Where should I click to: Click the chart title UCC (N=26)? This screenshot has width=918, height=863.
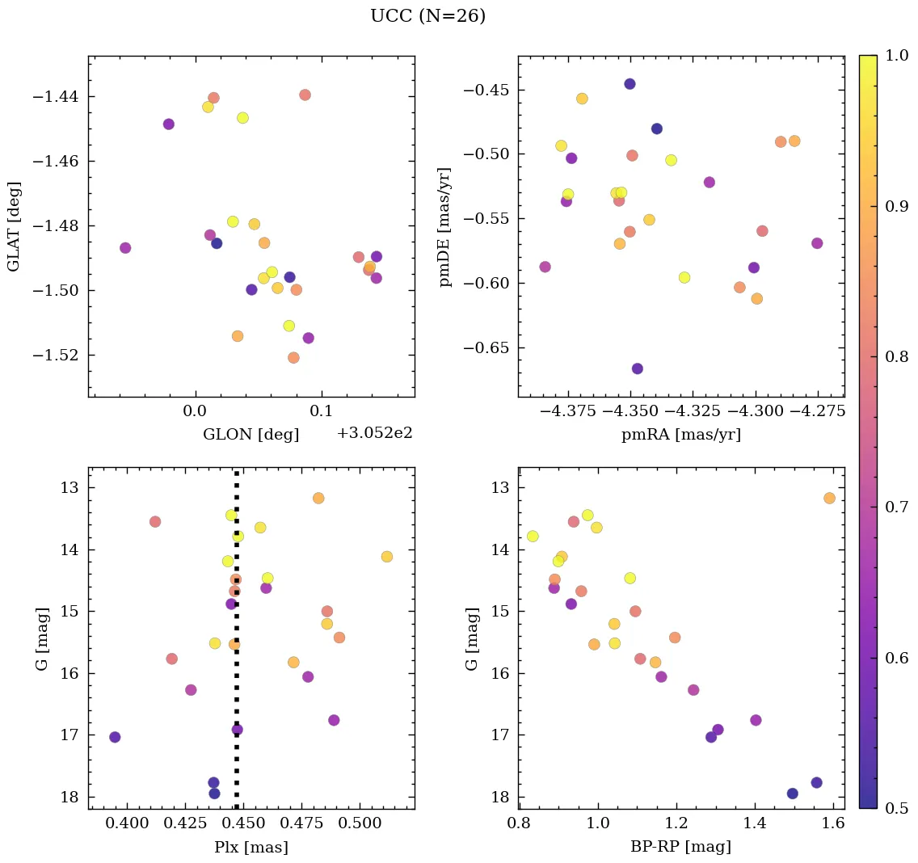pyautogui.click(x=427, y=16)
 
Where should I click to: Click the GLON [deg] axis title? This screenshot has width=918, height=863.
pyautogui.click(x=251, y=435)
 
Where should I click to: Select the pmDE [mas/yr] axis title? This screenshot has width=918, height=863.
pyautogui.click(x=444, y=227)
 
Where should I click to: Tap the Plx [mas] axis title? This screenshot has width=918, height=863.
pyautogui.click(x=251, y=847)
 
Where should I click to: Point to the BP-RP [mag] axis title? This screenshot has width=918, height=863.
pyautogui.click(x=680, y=847)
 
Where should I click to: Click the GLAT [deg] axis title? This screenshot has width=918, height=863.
pyautogui.click(x=14, y=227)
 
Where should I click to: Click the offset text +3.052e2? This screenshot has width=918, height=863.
pyautogui.click(x=374, y=433)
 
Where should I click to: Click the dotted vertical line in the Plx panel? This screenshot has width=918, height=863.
pyautogui.click(x=236, y=687)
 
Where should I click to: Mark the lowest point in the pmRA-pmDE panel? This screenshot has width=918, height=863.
pyautogui.click(x=638, y=368)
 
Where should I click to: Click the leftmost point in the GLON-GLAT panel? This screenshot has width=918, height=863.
pyautogui.click(x=125, y=248)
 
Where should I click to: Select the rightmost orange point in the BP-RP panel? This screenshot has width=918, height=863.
pyautogui.click(x=829, y=498)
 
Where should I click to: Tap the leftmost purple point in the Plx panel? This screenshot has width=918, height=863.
pyautogui.click(x=115, y=737)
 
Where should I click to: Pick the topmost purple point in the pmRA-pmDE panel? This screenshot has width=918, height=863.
pyautogui.click(x=630, y=84)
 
